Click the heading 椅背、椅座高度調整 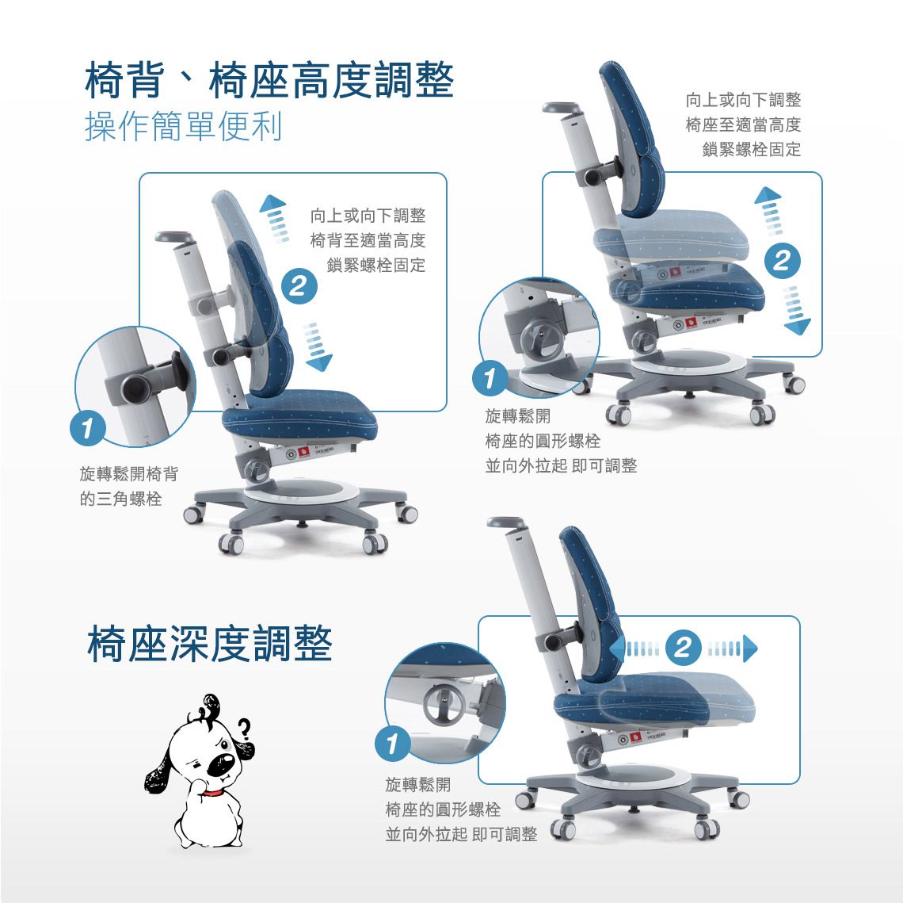click(269, 80)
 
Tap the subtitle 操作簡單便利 click(183, 126)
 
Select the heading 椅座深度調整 click(210, 644)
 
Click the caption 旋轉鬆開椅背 click(129, 473)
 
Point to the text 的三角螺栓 click(121, 499)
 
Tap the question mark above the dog click(245, 729)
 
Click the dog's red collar click(212, 794)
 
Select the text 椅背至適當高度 click(368, 240)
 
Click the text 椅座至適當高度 click(744, 124)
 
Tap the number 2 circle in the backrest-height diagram click(299, 286)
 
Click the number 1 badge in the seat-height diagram click(490, 378)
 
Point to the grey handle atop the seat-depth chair click(505, 522)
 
